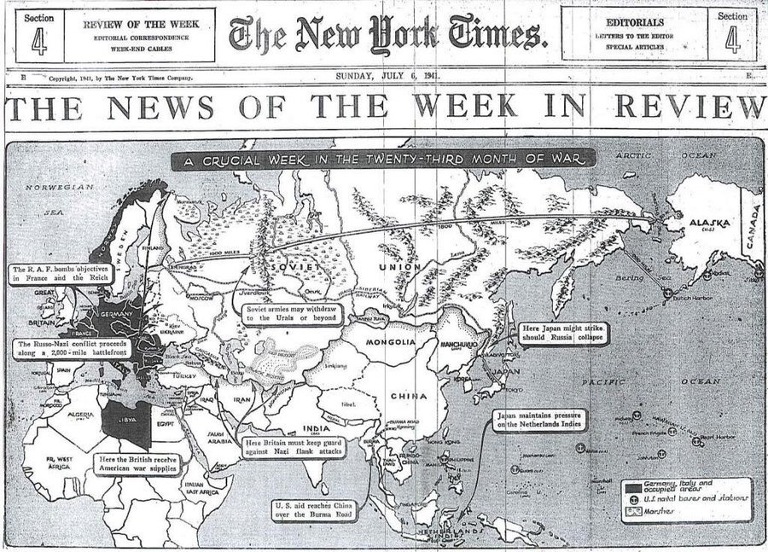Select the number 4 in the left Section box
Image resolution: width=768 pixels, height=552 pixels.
[x=39, y=41]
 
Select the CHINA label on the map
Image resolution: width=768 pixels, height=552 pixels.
[x=409, y=396]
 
